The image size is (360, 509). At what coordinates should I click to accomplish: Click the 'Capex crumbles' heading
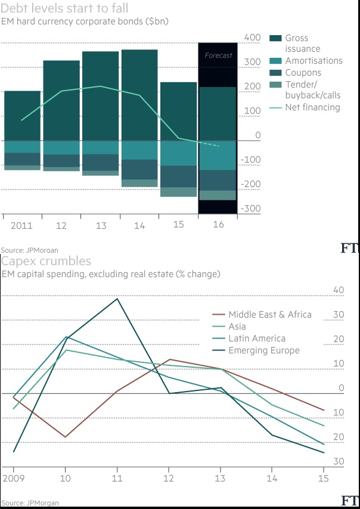click(x=46, y=261)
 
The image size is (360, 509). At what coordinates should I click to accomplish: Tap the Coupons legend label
click(x=303, y=73)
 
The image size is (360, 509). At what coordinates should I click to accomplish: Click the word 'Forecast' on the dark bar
click(x=218, y=55)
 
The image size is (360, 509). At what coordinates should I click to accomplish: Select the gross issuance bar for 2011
click(x=22, y=116)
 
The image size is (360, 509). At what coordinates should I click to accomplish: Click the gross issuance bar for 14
click(x=139, y=95)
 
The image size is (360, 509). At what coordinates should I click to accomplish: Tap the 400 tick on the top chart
click(x=253, y=38)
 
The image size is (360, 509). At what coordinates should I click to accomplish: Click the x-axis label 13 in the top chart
click(x=101, y=226)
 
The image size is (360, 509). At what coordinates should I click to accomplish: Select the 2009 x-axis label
click(x=14, y=478)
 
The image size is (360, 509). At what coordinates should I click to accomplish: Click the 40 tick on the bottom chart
click(x=338, y=290)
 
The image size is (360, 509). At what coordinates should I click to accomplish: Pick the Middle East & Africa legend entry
click(x=270, y=315)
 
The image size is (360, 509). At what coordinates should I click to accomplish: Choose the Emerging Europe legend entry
click(x=264, y=350)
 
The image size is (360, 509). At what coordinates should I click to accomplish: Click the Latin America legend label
click(x=257, y=339)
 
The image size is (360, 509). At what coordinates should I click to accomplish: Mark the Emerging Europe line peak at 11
click(x=117, y=299)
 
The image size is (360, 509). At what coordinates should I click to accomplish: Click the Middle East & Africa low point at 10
click(x=66, y=437)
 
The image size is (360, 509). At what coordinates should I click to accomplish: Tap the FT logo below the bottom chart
click(x=350, y=501)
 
